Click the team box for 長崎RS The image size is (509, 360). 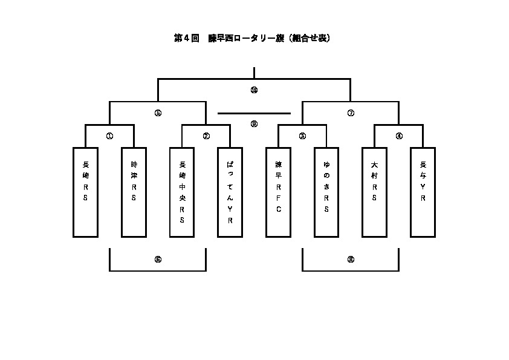[85, 192]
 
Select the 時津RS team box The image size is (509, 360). [134, 192]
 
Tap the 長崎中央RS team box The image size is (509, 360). [182, 192]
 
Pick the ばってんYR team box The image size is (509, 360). [230, 192]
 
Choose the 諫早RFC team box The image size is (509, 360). [279, 192]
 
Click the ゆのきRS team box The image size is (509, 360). [326, 192]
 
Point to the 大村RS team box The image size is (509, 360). [375, 192]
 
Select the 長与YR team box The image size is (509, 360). [423, 192]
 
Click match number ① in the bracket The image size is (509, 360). [109, 136]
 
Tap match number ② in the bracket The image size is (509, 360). [206, 136]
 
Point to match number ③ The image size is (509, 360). [302, 136]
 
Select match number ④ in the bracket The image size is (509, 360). [399, 136]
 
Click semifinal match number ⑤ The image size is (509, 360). [158, 113]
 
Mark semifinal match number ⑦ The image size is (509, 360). [351, 113]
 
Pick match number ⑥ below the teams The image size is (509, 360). [158, 260]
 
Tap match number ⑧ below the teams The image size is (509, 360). [351, 260]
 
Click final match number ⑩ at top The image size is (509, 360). [254, 90]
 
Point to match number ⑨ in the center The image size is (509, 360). [254, 124]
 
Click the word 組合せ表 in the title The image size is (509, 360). [309, 38]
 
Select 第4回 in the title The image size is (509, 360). [186, 38]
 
